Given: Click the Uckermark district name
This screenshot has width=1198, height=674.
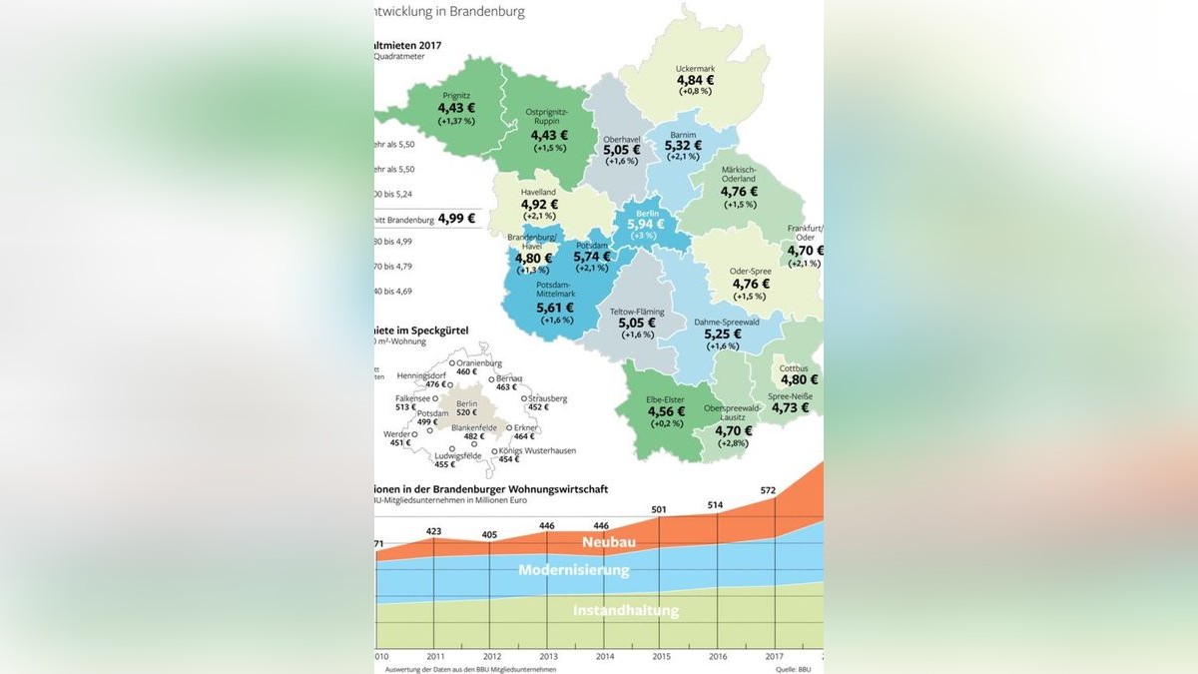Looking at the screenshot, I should [695, 68].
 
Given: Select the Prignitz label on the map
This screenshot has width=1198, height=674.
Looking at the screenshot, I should [456, 96].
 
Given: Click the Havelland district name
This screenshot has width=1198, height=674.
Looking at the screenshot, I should [538, 192].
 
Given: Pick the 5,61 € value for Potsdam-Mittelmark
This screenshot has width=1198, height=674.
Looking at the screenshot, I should [555, 308].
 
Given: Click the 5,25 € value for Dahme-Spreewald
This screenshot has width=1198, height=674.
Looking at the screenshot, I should [723, 335].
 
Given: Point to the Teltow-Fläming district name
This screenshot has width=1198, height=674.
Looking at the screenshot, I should [637, 312].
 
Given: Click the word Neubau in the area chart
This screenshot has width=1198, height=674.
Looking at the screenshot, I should [609, 542].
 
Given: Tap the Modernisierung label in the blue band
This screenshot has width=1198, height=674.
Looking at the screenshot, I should [574, 570].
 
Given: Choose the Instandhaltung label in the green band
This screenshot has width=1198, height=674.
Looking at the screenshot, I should [626, 610].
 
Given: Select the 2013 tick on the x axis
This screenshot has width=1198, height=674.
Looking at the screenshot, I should [548, 656].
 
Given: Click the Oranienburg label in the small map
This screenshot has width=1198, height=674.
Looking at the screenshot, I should [479, 363].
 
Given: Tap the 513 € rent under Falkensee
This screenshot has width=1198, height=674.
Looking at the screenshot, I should [405, 407].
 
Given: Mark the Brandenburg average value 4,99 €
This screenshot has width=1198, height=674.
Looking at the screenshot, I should [457, 218].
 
